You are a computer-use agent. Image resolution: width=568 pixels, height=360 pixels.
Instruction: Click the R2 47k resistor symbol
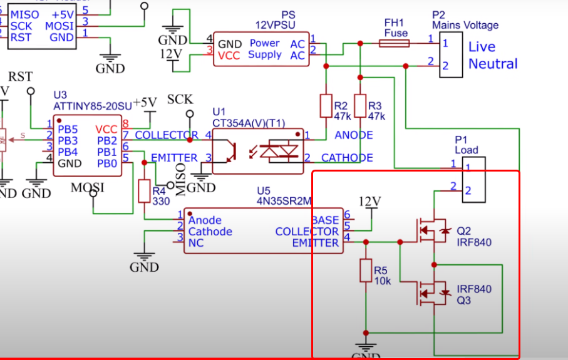(x=326, y=106)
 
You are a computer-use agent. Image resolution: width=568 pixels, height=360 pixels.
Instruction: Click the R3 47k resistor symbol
(x=360, y=106)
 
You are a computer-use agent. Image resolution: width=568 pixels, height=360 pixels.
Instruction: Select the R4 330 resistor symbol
(x=144, y=191)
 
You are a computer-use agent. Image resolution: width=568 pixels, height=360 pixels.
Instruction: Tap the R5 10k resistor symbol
(x=366, y=271)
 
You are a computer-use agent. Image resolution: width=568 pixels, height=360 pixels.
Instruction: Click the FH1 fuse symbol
(x=396, y=43)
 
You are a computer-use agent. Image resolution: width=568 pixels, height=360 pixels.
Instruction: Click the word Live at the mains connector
(x=482, y=47)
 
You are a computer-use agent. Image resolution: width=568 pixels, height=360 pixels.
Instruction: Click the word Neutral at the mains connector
(x=493, y=64)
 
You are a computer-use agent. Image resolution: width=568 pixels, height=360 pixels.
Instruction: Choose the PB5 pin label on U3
(x=68, y=129)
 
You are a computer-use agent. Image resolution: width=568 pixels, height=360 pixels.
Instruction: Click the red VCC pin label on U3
(x=106, y=129)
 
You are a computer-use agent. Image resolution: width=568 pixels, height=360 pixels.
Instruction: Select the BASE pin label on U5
(x=324, y=220)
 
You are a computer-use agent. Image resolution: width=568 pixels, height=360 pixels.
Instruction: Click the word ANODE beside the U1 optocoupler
(x=354, y=135)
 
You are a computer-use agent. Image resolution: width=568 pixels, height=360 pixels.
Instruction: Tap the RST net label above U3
(x=20, y=76)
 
